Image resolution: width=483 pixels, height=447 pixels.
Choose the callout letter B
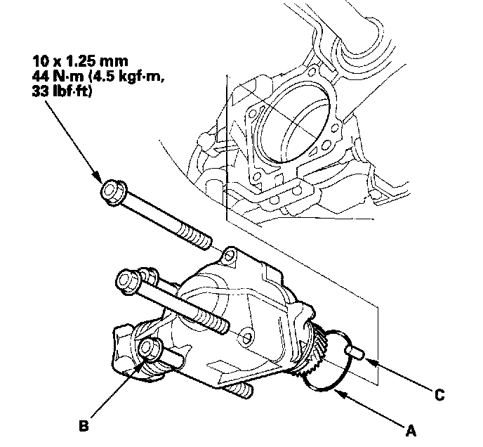click(x=82, y=425)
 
